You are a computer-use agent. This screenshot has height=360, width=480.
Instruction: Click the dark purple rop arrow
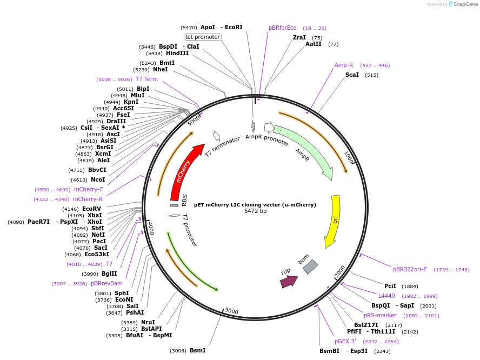click(x=289, y=281)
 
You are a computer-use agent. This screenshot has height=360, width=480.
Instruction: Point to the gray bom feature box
click(x=310, y=266)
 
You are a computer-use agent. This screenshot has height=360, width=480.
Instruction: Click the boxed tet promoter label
click(x=203, y=37)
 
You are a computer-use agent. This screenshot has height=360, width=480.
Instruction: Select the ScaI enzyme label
click(x=352, y=75)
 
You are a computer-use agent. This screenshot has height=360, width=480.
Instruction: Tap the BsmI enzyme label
click(x=197, y=350)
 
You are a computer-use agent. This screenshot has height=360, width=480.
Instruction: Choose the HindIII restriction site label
click(x=177, y=53)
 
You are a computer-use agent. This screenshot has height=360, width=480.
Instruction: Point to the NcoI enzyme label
click(x=98, y=179)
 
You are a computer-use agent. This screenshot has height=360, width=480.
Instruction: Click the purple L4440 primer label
click(x=386, y=296)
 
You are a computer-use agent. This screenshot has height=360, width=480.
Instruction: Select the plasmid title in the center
click(x=255, y=205)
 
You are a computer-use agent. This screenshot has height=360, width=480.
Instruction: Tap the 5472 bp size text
click(x=255, y=211)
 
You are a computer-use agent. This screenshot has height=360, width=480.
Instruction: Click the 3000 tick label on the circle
click(x=231, y=311)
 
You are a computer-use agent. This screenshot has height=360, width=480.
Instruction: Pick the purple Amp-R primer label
click(x=344, y=65)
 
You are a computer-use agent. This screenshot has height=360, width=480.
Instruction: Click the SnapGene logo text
click(x=465, y=4)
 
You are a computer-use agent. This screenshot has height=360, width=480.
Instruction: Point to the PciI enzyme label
click(x=390, y=285)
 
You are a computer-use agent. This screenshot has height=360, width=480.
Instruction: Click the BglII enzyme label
click(x=109, y=274)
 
